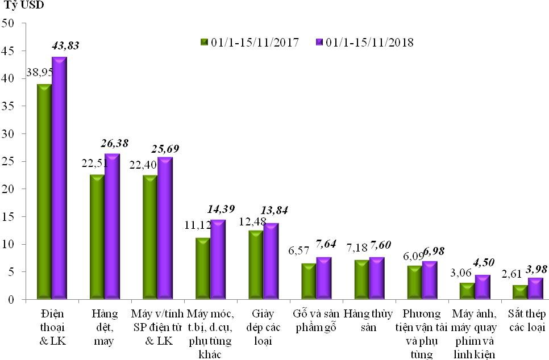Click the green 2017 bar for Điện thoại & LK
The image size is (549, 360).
(44, 191)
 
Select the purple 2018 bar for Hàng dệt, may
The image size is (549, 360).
(112, 226)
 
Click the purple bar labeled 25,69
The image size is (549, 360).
(165, 228)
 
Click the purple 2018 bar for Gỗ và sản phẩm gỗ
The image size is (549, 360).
(323, 278)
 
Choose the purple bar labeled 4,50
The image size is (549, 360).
(482, 287)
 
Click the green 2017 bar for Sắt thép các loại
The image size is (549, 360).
(521, 292)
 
